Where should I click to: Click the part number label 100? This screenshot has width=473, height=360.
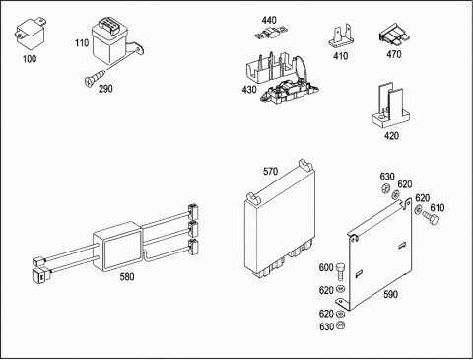30,59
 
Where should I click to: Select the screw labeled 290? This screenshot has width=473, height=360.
95,77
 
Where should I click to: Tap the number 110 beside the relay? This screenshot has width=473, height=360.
82,43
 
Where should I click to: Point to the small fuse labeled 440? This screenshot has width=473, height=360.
271,34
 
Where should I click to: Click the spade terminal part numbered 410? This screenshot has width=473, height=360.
341,37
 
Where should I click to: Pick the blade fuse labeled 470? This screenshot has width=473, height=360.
395,36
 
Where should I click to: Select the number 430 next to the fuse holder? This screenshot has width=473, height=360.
249,90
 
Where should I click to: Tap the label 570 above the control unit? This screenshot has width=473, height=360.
270,172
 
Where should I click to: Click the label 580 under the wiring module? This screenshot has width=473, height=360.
127,277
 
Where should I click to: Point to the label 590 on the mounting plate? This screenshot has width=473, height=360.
391,294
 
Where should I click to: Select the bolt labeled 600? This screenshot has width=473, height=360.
341,272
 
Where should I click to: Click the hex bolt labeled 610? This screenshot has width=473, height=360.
431,218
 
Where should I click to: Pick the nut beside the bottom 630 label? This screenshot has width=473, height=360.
341,325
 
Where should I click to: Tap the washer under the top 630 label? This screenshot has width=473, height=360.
385,189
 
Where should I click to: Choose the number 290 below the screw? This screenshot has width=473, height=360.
105,89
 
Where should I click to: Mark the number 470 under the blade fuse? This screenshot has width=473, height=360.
394,54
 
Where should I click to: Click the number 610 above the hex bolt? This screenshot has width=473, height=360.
438,208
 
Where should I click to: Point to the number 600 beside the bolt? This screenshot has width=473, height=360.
326,268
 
